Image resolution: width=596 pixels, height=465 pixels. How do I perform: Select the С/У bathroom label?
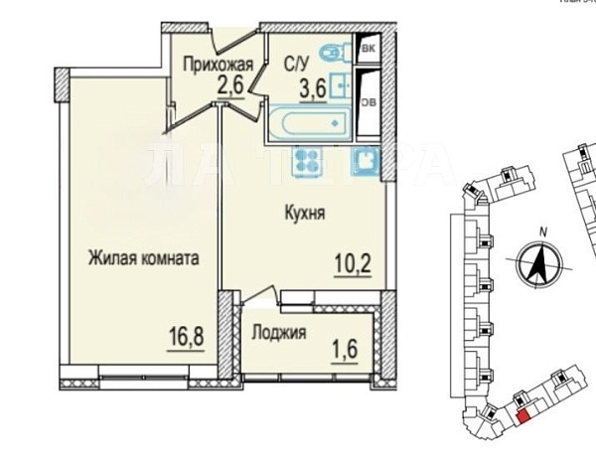pyautogui.click(x=296, y=66)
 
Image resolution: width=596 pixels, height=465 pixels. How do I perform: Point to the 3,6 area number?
pyautogui.click(x=312, y=87)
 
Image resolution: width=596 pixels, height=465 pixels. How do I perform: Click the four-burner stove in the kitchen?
pyautogui.click(x=305, y=161)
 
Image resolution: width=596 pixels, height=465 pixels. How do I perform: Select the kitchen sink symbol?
pyautogui.click(x=366, y=161)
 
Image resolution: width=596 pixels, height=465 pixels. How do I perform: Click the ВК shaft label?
pyautogui.click(x=369, y=49)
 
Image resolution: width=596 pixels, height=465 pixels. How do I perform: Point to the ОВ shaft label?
pyautogui.click(x=368, y=100)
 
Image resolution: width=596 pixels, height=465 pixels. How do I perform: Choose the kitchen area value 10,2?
pyautogui.click(x=353, y=266)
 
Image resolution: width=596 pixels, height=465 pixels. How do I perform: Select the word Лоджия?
pyautogui.click(x=277, y=333)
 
